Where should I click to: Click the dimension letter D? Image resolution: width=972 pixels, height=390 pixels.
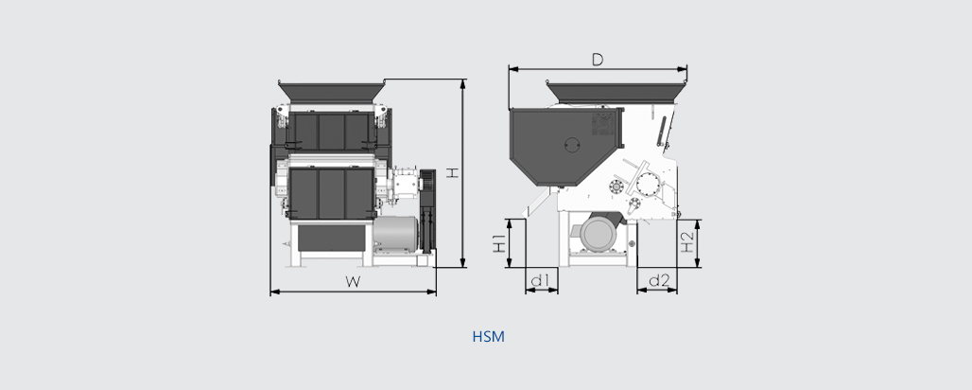click(597, 60)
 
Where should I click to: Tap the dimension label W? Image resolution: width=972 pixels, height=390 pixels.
click(353, 282)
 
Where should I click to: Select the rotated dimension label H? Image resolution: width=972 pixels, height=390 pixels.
click(453, 172)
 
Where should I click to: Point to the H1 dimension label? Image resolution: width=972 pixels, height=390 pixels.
click(499, 243)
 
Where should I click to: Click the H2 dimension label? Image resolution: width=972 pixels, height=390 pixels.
click(686, 243)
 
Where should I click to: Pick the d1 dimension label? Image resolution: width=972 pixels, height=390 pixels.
click(541, 281)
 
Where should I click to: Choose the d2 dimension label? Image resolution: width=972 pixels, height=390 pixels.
click(659, 281)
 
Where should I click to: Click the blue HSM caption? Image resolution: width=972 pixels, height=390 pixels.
click(489, 337)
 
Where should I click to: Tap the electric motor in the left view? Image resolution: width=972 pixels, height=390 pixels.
click(395, 234)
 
